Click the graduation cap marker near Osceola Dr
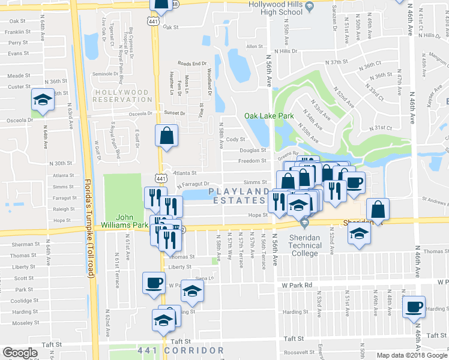[42, 100]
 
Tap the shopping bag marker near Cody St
[166, 136]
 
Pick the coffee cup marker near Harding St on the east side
[414, 307]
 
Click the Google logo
[20, 352]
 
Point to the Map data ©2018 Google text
[411, 355]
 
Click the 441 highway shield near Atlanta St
[160, 178]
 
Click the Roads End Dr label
[192, 64]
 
